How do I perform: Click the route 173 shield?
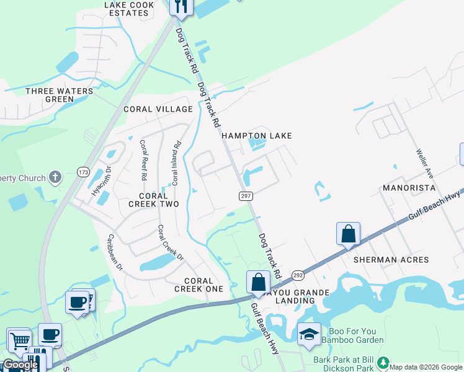click(83, 171)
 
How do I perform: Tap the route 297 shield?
click(245, 196)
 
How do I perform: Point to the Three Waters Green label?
click(60, 95)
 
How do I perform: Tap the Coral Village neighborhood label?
click(158, 109)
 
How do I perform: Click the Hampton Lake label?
click(256, 136)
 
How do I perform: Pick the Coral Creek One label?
click(199, 285)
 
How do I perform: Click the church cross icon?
click(55, 178)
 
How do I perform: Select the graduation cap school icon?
click(309, 335)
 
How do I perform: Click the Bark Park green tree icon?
click(384, 362)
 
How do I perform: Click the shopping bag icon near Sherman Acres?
click(348, 234)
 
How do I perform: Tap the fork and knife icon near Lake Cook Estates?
click(181, 6)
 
